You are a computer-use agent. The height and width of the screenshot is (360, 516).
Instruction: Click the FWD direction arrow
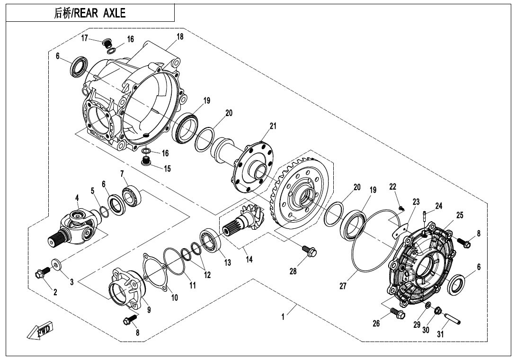point(41,331)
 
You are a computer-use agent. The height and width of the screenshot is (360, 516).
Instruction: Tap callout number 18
point(180,36)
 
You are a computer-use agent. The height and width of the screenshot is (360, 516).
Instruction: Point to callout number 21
point(273,126)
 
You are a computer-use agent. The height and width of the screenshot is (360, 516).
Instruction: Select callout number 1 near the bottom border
point(283,317)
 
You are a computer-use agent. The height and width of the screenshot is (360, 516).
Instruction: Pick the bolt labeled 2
point(43,273)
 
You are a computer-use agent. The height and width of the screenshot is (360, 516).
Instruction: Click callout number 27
point(343,286)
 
